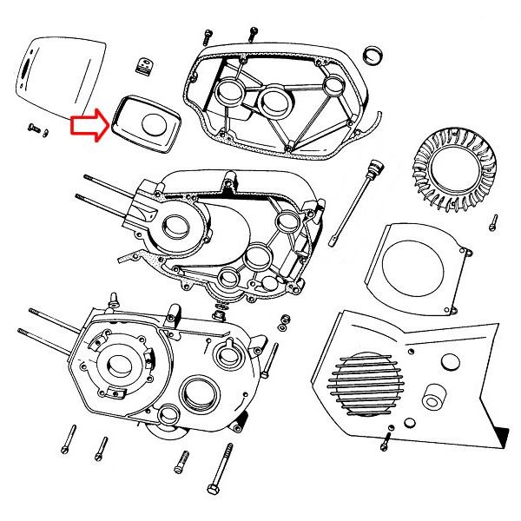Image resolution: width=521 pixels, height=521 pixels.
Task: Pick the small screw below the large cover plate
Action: coord(35,129)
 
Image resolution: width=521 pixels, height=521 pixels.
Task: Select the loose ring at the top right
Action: coord(373,55)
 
